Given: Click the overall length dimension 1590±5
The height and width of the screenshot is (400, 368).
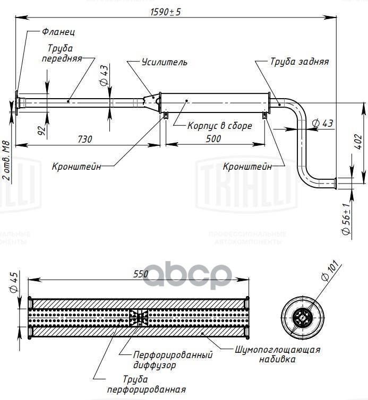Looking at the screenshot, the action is click(x=166, y=12).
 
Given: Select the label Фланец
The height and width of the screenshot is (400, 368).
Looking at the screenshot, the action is click(x=58, y=32).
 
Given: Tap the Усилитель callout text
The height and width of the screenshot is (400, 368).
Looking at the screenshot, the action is click(x=165, y=62).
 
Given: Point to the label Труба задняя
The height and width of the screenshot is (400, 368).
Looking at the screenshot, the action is click(x=299, y=62).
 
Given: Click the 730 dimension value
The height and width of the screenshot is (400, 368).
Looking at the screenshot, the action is click(x=85, y=140).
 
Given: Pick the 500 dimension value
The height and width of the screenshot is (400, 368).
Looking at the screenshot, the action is click(x=213, y=139).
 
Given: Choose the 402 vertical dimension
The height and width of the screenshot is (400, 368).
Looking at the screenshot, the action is click(x=358, y=142).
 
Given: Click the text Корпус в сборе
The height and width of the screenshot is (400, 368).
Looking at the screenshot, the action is click(x=220, y=126).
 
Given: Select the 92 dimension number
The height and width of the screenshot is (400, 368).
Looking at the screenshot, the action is click(x=41, y=130).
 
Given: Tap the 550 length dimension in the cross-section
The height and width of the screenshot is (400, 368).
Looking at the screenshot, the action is click(x=141, y=274).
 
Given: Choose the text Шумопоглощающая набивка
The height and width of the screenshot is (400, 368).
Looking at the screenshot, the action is click(x=277, y=354).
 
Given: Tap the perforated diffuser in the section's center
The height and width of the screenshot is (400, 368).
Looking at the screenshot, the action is click(x=139, y=318).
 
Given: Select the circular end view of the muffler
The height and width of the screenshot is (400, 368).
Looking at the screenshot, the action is click(x=303, y=318).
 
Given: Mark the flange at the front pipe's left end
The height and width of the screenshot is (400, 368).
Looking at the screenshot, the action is click(x=17, y=103).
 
